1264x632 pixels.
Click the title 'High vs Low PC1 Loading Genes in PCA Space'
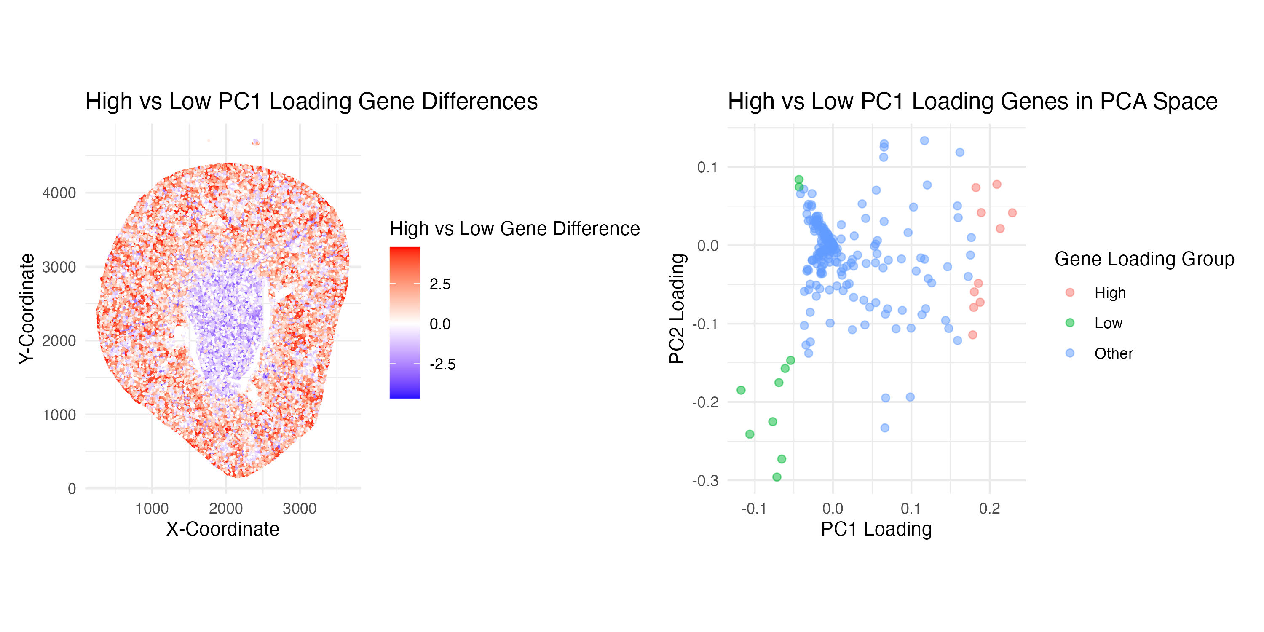tap(972, 102)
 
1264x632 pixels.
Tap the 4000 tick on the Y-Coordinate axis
tap(59, 193)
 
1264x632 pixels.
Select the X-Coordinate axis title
tap(222, 529)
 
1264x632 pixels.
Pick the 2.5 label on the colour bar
tap(439, 284)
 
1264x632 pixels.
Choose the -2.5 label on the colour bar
tap(442, 364)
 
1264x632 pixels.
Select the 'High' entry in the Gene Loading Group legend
tap(1109, 293)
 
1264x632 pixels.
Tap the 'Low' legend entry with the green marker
tap(1108, 323)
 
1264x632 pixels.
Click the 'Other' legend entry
tap(1113, 354)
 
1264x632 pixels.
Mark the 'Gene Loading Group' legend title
tap(1144, 259)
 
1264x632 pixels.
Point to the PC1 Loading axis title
tap(876, 529)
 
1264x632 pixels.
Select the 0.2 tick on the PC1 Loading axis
tap(989, 509)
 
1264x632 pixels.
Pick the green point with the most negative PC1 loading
tap(741, 390)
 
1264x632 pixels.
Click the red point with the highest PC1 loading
tap(1012, 213)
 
